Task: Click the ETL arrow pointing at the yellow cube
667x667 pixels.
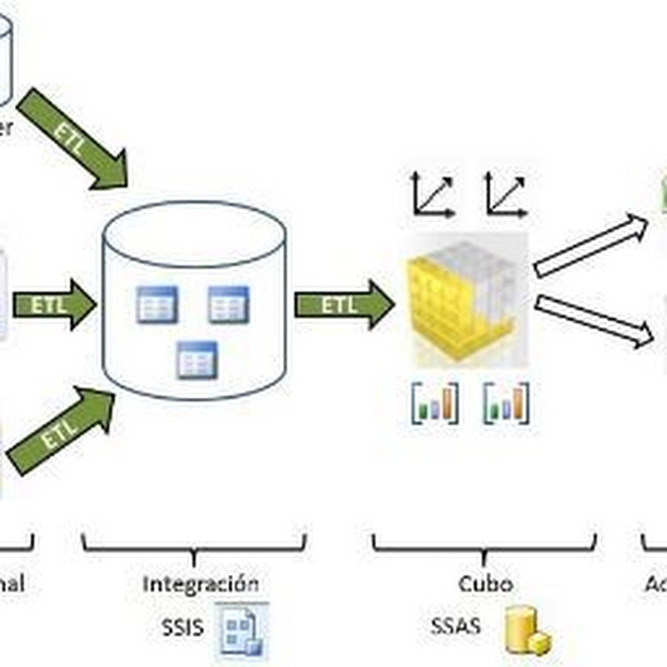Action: click(343, 305)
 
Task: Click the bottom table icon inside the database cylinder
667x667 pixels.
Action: click(196, 360)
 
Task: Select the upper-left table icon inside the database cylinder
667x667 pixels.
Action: click(157, 304)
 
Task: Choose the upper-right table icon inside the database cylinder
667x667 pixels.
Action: click(228, 304)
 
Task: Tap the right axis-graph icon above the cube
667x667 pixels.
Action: click(506, 195)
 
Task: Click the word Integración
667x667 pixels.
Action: click(200, 583)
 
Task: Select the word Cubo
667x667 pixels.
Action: click(485, 583)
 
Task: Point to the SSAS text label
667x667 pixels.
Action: click(455, 626)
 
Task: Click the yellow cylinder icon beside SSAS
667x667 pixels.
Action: click(526, 631)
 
